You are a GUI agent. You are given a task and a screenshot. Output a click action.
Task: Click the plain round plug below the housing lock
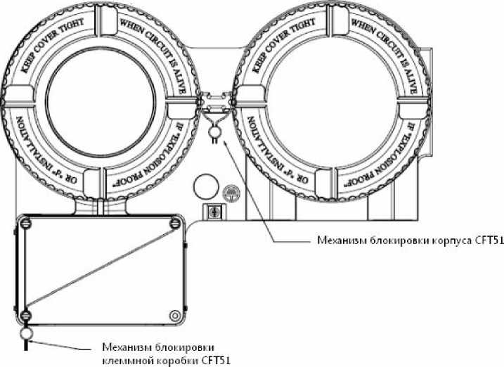(x=206, y=183)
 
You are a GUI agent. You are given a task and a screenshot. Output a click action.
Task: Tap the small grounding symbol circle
(x=229, y=191)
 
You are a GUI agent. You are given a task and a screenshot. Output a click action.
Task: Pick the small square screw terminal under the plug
(x=210, y=210)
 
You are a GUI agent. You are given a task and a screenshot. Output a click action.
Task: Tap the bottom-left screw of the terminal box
(x=25, y=314)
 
